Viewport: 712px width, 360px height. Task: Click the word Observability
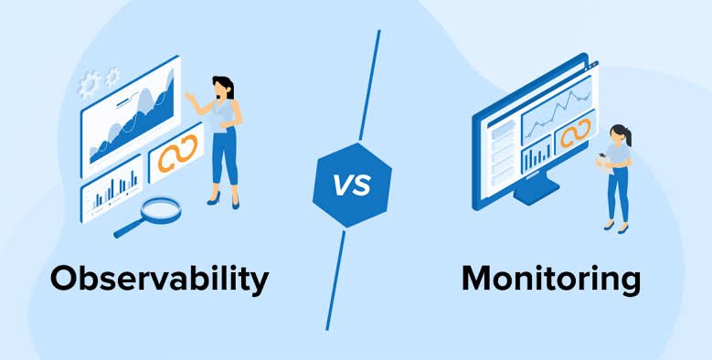tap(159, 280)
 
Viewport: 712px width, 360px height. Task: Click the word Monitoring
tap(551, 280)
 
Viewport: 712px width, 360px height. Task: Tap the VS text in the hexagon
tap(352, 185)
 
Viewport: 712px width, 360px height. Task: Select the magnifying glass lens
tap(161, 210)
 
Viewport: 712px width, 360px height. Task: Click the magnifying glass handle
tap(128, 228)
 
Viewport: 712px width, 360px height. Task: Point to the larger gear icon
tap(89, 85)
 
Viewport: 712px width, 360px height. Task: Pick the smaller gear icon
tap(112, 77)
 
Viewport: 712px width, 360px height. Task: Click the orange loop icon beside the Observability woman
tap(177, 153)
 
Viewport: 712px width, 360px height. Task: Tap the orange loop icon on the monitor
tap(575, 133)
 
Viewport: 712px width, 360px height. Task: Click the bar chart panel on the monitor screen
tap(537, 154)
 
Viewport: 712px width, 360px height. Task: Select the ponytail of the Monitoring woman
tap(628, 136)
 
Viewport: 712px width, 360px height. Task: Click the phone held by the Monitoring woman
tap(602, 155)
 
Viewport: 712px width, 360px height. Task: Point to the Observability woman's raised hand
tap(188, 95)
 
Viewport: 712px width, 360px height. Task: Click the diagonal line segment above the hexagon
tap(369, 85)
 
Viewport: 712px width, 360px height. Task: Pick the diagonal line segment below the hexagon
tap(335, 281)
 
